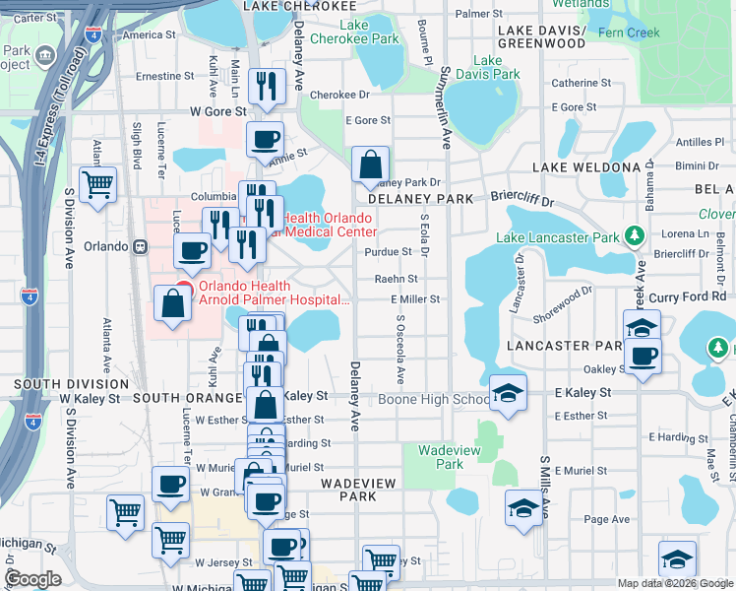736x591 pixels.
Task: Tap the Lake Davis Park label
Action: [x=494, y=67]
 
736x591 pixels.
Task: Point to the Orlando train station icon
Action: [x=141, y=246]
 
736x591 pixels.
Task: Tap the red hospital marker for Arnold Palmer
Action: [x=181, y=289]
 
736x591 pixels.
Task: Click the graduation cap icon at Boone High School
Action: [x=508, y=394]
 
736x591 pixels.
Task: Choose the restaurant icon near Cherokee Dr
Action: [x=267, y=86]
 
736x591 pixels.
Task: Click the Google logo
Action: [x=32, y=579]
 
